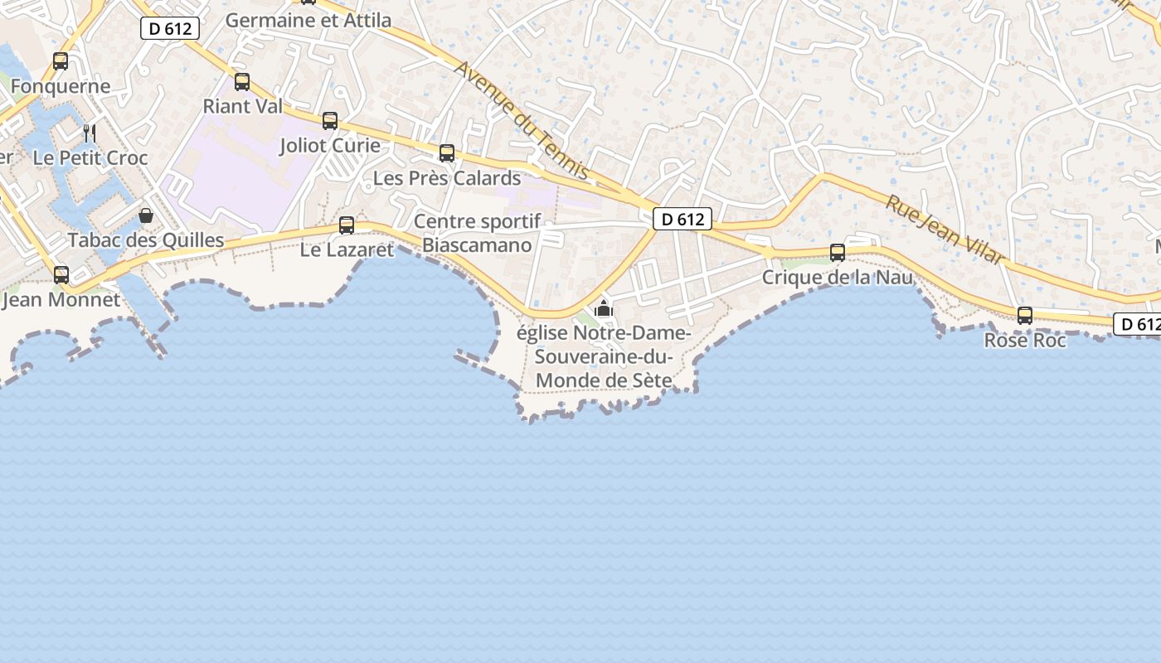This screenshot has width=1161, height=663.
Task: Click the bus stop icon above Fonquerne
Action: [61, 60]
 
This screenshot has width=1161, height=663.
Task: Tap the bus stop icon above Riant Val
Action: [242, 81]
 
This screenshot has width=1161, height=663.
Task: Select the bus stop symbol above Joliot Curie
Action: [330, 121]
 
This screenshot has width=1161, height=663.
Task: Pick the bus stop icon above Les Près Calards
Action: [447, 152]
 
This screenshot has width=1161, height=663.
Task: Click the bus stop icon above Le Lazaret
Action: [347, 225]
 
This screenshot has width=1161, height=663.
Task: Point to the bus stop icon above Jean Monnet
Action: [61, 274]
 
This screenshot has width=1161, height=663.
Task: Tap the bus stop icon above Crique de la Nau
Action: [838, 253]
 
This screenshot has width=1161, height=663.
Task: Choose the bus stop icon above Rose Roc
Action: [1025, 315]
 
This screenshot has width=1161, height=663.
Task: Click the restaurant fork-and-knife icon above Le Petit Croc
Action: [90, 133]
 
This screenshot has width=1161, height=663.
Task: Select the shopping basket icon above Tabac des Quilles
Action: [146, 215]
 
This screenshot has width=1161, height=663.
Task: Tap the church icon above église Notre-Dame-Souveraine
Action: [604, 309]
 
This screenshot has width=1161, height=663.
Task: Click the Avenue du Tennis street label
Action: [522, 121]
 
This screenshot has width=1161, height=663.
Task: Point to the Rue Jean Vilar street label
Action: [945, 230]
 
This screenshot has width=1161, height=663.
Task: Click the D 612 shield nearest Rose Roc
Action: [1137, 325]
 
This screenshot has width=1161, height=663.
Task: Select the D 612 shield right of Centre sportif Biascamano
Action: [683, 219]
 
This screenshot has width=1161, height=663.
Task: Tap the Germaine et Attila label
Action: [308, 20]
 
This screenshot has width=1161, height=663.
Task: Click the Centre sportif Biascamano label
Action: [477, 233]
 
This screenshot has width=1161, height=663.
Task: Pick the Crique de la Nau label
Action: [838, 277]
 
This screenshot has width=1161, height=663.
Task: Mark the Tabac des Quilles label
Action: [146, 240]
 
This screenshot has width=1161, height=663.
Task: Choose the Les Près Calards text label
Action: [447, 177]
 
